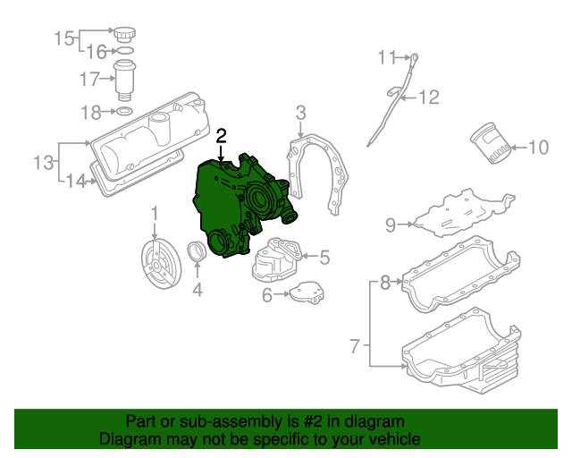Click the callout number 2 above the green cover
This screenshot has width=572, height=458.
click(222, 136)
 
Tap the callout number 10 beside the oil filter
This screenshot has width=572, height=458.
click(538, 148)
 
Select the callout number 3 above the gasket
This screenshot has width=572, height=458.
click(300, 112)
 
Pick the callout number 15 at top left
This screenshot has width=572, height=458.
click(64, 38)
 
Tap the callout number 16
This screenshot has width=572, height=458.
click(96, 52)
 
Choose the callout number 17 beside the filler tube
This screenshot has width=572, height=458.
click(90, 80)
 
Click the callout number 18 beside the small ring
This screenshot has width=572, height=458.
click(91, 112)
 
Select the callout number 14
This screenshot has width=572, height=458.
click(77, 182)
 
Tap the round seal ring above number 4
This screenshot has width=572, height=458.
click(198, 254)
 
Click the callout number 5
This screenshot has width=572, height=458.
click(324, 258)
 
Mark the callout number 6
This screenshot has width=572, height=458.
click(267, 294)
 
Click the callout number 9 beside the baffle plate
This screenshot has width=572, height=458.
click(391, 225)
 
